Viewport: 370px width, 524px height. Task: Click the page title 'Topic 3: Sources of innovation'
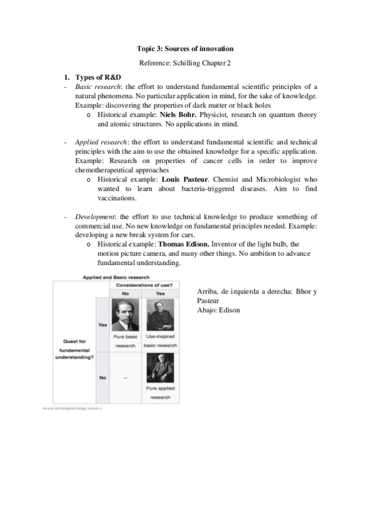point(185,48)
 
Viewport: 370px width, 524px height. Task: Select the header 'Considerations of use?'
point(145,285)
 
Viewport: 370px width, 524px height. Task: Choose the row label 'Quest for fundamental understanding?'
point(73,349)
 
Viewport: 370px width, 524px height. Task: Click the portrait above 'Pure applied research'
point(160,369)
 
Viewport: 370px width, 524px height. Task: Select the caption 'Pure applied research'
point(160,393)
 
